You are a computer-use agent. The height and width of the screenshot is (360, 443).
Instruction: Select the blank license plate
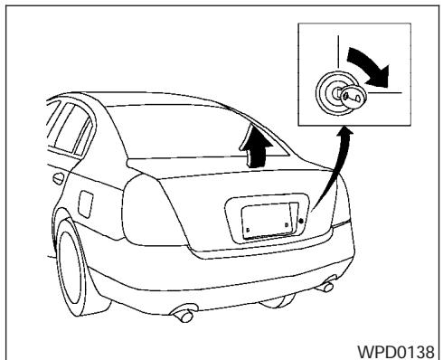(x=263, y=220)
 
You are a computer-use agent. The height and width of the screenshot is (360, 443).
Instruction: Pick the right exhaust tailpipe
(x=327, y=289)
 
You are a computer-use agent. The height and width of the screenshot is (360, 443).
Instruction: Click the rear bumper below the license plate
(x=262, y=271)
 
